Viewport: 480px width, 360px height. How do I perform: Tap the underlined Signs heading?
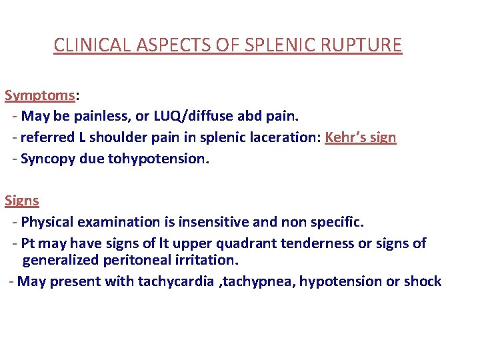pyautogui.click(x=22, y=201)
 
